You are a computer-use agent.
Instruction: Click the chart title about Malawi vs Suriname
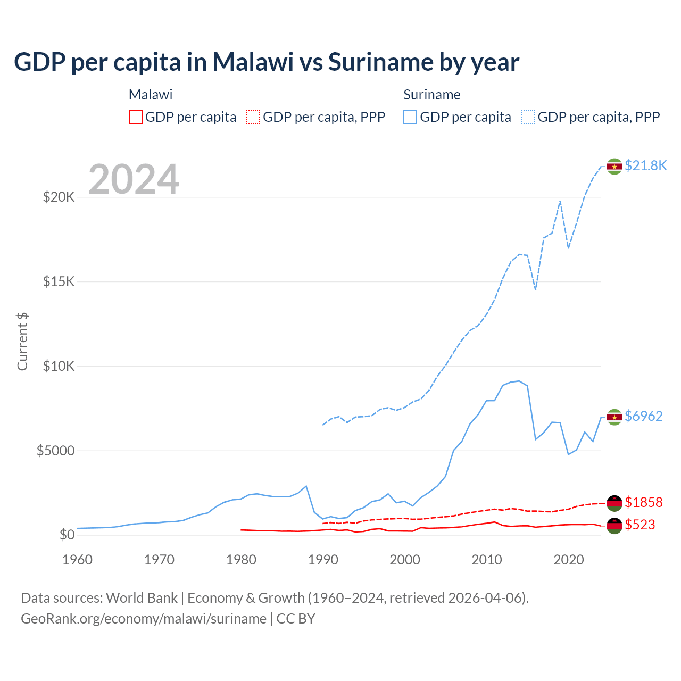267,62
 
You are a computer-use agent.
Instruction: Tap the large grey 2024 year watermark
134,179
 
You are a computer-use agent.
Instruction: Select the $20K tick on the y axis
59,197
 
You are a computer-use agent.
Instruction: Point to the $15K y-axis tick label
59,281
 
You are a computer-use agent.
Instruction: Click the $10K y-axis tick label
59,366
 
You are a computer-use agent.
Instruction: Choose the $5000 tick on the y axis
55,451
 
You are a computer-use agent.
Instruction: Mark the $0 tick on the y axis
67,535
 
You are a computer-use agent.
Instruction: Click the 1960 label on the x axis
78,560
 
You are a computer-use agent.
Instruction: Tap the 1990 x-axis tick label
323,560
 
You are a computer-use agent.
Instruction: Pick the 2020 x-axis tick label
569,560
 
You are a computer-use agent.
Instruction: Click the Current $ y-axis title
22,342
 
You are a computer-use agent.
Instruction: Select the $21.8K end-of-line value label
645,165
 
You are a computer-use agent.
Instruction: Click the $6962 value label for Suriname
643,416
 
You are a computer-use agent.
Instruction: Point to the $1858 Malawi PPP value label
643,502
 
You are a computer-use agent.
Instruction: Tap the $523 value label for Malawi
640,525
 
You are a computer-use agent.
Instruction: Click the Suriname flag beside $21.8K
614,167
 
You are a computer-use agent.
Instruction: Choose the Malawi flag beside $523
614,526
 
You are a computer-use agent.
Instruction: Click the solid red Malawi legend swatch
136,117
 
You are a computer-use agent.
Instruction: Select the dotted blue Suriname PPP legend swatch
528,117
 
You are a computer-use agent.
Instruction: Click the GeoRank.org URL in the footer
144,619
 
